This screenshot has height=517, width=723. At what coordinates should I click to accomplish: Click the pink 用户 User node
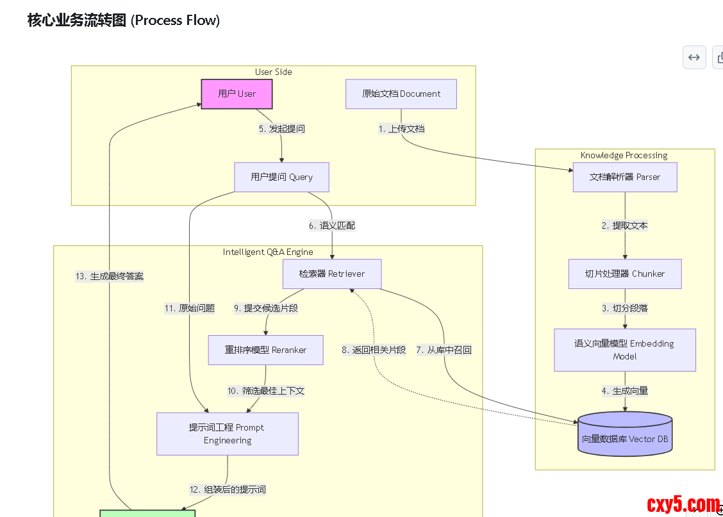237,94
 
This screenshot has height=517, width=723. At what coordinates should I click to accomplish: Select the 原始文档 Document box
401,94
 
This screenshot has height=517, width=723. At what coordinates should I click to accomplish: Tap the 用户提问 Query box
281,177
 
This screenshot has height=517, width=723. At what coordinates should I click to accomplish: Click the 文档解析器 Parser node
624,177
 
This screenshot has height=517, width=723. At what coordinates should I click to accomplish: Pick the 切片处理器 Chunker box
624,274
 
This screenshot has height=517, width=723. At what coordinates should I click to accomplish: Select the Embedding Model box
624,350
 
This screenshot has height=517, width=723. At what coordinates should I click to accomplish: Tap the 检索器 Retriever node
332,274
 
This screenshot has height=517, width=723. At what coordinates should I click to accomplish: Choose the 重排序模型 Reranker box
265,350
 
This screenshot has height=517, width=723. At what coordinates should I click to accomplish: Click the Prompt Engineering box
228,434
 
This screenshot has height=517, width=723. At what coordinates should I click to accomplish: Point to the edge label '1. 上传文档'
401,129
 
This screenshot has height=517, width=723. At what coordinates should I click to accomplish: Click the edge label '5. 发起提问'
282,129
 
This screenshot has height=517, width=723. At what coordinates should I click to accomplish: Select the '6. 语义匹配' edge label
332,226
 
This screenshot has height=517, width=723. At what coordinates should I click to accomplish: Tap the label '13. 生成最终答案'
110,277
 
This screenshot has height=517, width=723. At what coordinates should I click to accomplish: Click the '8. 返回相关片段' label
374,350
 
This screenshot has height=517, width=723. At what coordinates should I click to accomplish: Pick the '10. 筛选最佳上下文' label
265,391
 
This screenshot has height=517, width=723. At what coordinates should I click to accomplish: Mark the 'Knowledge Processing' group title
624,155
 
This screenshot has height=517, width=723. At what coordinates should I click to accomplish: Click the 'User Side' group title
273,72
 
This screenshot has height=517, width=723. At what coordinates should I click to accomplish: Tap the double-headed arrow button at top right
694,57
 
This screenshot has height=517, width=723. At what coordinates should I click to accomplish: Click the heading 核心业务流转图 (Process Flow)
124,21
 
